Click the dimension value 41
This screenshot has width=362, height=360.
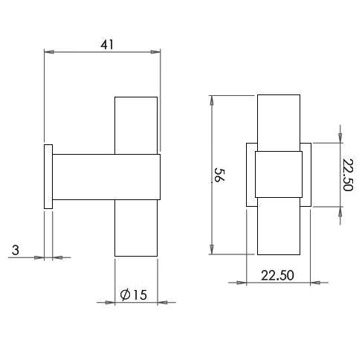(x=106, y=44)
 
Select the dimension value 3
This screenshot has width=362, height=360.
(x=15, y=251)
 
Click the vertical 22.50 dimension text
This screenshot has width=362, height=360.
(x=347, y=175)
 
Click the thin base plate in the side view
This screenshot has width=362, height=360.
(x=48, y=176)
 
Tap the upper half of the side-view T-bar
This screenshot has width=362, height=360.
(x=136, y=124)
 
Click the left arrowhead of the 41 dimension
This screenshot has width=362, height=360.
(x=49, y=52)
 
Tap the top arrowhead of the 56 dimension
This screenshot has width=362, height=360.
(x=213, y=100)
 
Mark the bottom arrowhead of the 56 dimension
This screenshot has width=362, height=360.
(x=213, y=251)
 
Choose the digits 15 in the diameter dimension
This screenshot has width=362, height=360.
(x=140, y=295)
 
